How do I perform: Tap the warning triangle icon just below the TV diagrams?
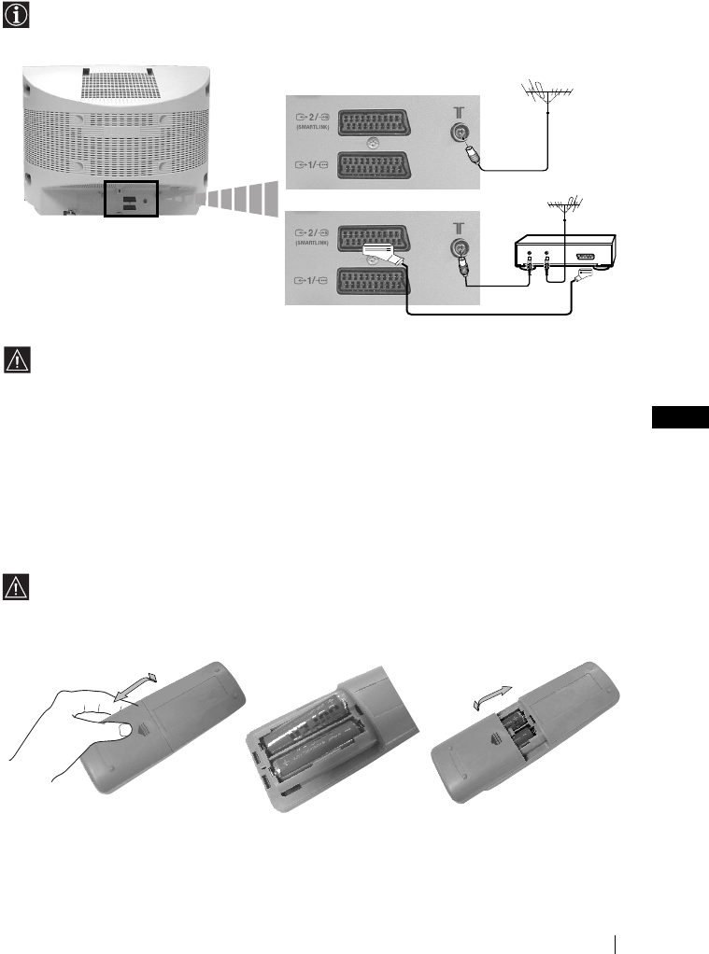[19, 359]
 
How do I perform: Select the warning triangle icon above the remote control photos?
[19, 586]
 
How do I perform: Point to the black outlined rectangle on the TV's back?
[131, 199]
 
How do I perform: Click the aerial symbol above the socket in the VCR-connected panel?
[459, 227]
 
